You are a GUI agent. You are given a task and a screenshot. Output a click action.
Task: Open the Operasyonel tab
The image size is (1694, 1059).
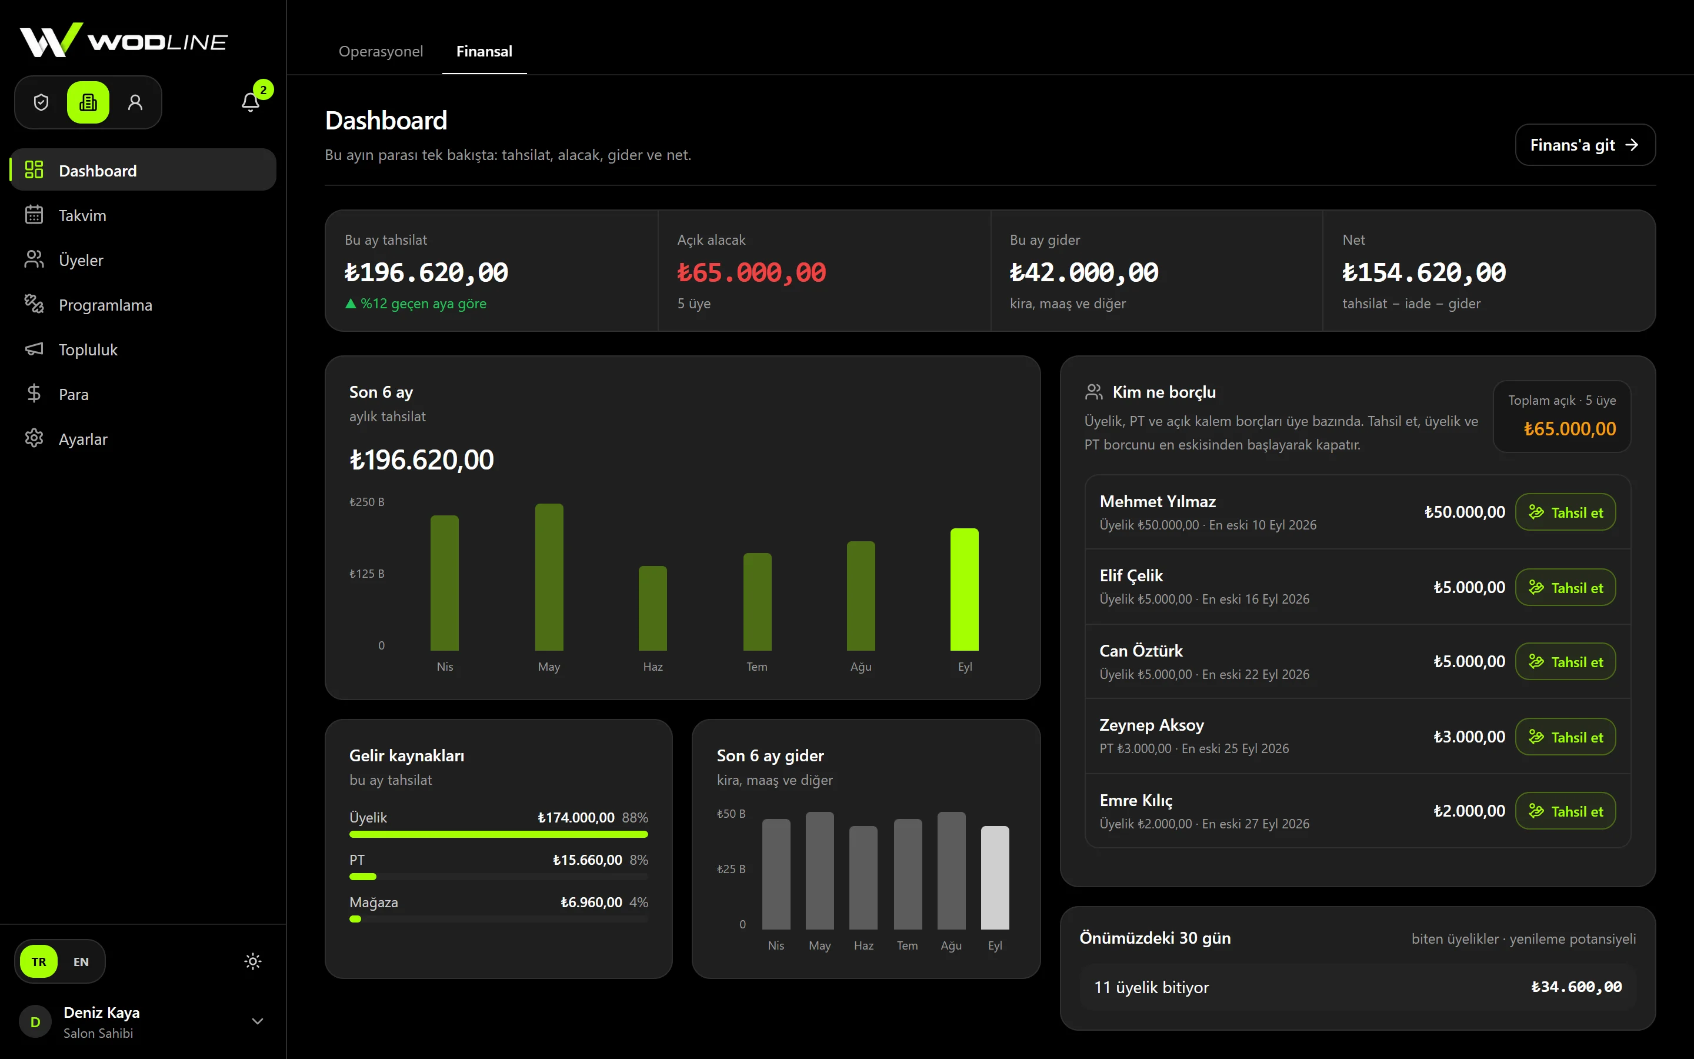(381, 51)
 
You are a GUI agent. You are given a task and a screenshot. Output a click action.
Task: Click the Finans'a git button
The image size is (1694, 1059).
(1585, 145)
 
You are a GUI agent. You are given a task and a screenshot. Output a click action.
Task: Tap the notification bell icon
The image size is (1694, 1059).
(251, 102)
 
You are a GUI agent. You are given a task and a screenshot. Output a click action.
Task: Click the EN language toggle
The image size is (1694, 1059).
(81, 962)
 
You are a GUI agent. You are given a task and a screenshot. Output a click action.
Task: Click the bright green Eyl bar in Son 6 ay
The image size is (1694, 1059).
(965, 590)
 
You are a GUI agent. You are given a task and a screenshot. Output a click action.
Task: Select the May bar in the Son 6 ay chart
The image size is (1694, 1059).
(549, 577)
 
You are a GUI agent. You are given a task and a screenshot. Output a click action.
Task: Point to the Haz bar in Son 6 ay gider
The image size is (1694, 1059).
(863, 878)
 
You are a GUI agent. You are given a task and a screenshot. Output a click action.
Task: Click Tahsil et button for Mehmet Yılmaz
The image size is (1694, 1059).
(1565, 512)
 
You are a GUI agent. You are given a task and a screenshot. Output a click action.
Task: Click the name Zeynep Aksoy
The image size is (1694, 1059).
(1152, 725)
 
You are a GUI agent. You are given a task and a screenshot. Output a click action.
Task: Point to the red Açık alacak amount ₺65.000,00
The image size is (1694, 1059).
(751, 272)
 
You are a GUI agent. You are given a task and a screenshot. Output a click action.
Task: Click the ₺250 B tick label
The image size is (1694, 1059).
(367, 502)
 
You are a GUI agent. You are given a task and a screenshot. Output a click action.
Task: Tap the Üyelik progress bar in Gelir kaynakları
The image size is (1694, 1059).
(498, 834)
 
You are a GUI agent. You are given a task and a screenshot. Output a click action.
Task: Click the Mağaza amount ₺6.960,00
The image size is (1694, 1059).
(591, 902)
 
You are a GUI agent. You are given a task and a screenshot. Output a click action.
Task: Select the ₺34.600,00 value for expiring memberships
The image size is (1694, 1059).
(1576, 987)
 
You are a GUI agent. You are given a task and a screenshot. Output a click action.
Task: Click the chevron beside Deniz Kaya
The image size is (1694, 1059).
(258, 1021)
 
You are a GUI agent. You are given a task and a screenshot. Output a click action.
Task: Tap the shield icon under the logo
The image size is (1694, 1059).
(41, 102)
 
